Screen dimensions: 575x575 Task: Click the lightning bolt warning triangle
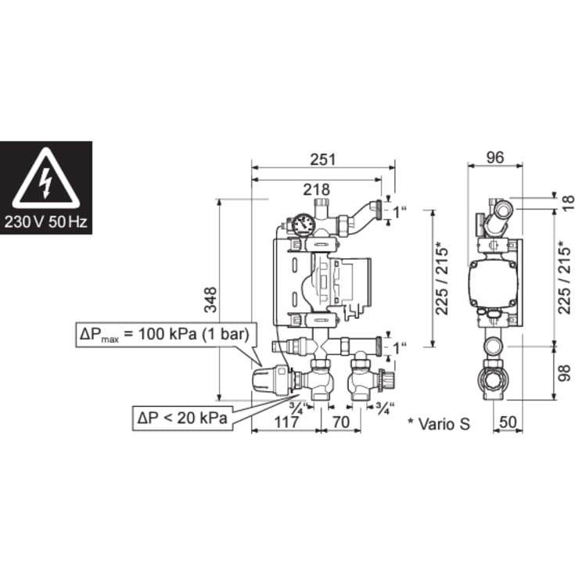pyautogui.click(x=45, y=179)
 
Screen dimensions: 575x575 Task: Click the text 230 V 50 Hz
pyautogui.click(x=45, y=221)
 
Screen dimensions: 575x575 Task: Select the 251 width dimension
pyautogui.click(x=322, y=159)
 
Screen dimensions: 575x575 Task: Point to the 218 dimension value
pyautogui.click(x=316, y=189)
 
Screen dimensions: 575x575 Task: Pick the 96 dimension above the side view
pyautogui.click(x=494, y=157)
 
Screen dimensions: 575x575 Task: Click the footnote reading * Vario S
pyautogui.click(x=438, y=423)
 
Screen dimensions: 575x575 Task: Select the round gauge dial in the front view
pyautogui.click(x=304, y=225)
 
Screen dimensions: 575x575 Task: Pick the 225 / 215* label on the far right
pyautogui.click(x=564, y=275)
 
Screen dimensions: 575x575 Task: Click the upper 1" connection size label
pyautogui.click(x=400, y=210)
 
